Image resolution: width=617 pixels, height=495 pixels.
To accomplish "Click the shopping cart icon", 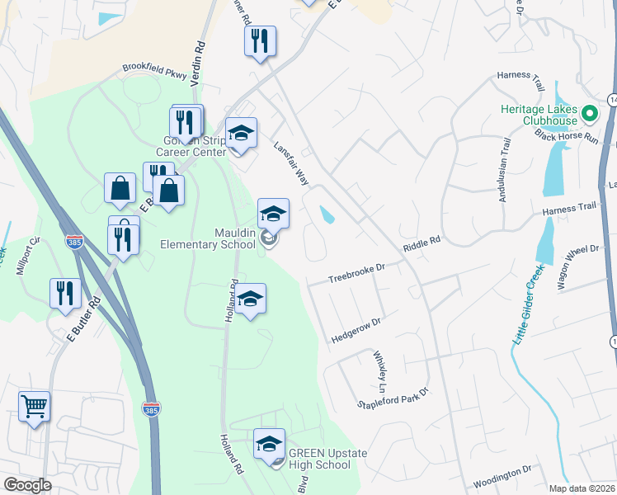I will [x=34, y=406].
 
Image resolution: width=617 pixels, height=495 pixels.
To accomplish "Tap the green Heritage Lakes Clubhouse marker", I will [x=589, y=113].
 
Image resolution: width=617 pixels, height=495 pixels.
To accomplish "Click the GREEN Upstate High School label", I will [x=320, y=459].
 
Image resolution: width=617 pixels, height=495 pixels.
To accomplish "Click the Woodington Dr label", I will [x=502, y=474].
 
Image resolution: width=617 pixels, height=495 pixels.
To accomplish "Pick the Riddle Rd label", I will [x=422, y=245].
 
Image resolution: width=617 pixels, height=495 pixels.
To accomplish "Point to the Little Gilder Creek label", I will [x=528, y=306].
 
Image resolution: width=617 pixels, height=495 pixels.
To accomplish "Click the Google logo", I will [x=27, y=484].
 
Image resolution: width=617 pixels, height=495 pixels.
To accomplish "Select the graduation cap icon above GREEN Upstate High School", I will [x=269, y=445].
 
